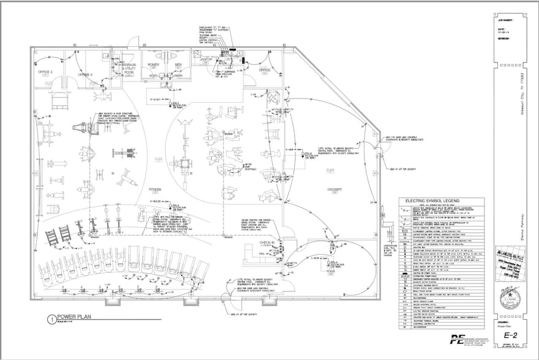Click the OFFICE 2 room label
[x=47, y=72]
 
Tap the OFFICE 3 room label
[x=85, y=74]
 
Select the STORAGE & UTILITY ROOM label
[x=129, y=68]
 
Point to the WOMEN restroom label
[x=153, y=64]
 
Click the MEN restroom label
[x=179, y=64]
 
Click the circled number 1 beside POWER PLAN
[x=50, y=318]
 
